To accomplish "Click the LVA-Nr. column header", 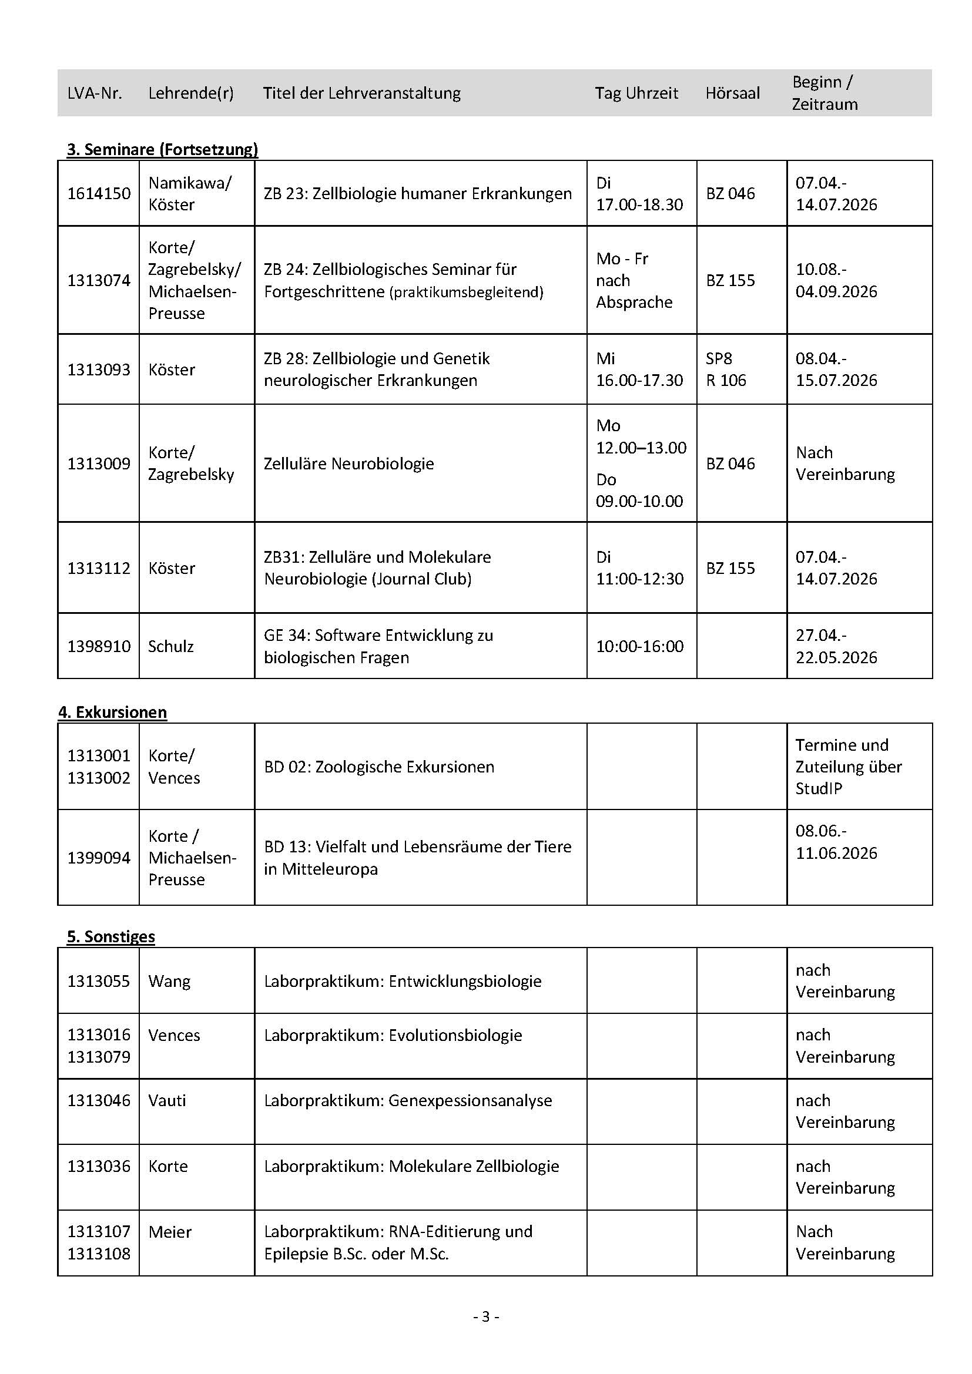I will click(95, 93).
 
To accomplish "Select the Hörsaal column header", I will click(732, 93).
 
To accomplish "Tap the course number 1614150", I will click(99, 193).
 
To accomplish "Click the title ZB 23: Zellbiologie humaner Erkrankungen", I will click(417, 193).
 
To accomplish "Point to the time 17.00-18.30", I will click(639, 204).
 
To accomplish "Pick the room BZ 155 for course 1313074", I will click(730, 280).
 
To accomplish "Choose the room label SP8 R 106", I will click(725, 369).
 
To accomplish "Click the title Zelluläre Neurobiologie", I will click(348, 463).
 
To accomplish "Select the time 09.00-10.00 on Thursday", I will click(639, 501).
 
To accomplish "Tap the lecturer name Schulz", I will click(170, 646).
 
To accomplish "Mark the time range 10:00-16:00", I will click(639, 646).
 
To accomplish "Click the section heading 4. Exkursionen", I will click(112, 712).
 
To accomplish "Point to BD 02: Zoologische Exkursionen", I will click(379, 767).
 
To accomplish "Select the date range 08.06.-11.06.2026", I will click(836, 841).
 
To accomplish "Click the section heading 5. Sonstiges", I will click(110, 936).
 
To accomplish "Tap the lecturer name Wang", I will click(169, 981).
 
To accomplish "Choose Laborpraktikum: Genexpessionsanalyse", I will click(408, 1100).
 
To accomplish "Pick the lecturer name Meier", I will click(169, 1232).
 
